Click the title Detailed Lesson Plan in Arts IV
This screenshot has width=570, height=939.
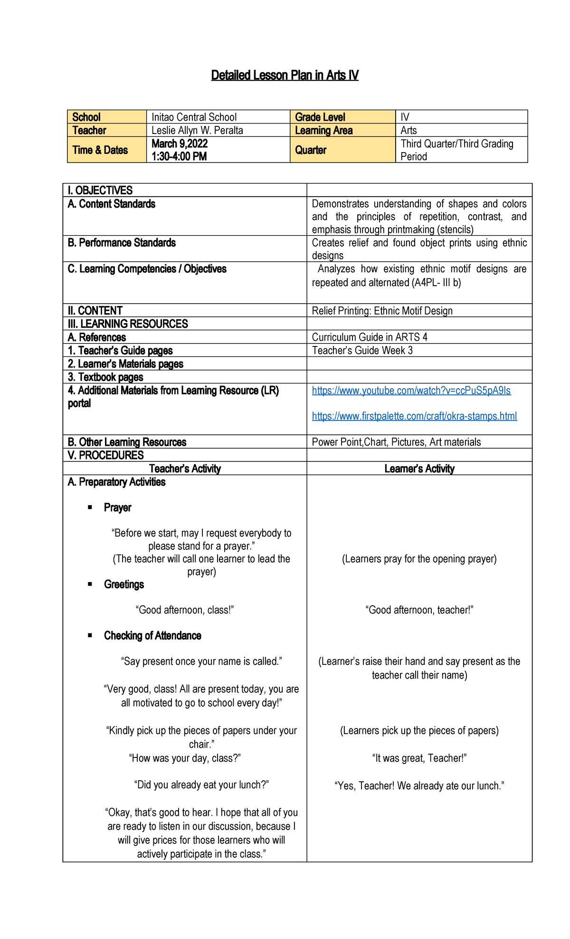(285, 75)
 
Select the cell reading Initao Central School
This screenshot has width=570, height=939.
(194, 117)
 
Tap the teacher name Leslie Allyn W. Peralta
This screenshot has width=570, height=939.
(197, 130)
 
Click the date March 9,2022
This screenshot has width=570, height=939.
(180, 144)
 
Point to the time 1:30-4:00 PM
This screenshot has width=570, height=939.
(179, 156)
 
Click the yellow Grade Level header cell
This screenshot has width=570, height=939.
(320, 117)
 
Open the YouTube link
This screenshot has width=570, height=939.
(411, 391)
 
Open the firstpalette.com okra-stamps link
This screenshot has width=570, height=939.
(414, 416)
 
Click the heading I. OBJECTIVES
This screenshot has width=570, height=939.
(100, 191)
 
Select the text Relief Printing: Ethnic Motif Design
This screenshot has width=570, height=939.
(382, 311)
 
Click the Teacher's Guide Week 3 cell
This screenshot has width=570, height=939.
(362, 350)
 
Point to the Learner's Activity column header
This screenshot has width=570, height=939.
(419, 469)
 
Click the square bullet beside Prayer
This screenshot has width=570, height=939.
(90, 508)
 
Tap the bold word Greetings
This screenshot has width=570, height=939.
(123, 584)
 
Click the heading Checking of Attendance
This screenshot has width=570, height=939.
(152, 636)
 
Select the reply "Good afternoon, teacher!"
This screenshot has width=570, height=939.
(419, 610)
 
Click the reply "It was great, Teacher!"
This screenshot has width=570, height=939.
(419, 758)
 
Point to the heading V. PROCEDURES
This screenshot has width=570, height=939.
(105, 455)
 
